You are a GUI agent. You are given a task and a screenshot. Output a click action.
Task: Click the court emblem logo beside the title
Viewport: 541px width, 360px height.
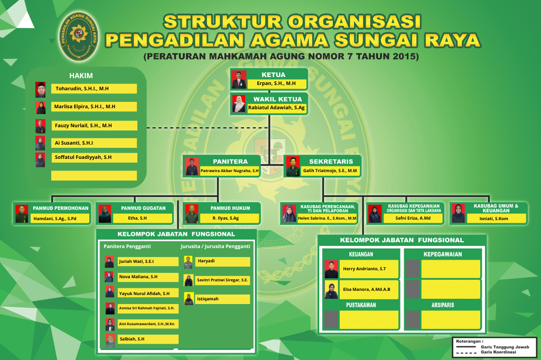coord(79,36)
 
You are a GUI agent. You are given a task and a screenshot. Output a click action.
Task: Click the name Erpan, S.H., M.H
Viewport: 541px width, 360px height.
coord(276,83)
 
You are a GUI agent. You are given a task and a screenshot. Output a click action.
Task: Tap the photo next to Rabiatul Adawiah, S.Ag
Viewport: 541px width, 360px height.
coord(238,104)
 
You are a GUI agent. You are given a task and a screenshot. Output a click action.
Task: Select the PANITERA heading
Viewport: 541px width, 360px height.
coord(230,162)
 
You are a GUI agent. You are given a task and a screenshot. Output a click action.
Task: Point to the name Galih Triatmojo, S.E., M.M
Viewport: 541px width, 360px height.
coord(330,170)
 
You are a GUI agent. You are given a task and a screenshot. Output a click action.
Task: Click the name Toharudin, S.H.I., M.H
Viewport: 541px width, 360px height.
coord(82,89)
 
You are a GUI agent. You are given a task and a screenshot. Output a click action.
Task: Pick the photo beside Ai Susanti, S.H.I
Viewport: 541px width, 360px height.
coord(40,143)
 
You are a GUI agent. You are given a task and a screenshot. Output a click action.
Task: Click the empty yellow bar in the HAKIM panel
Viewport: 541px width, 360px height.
coord(94,176)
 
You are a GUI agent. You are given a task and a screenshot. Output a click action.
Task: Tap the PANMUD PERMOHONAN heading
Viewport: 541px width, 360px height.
coord(61,209)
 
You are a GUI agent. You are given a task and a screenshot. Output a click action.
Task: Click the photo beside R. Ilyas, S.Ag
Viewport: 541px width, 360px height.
coord(191,214)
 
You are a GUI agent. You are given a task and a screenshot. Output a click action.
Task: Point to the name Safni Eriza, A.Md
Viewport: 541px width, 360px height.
coord(413,219)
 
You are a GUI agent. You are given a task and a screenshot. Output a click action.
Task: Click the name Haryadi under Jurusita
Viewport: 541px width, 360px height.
coord(206,261)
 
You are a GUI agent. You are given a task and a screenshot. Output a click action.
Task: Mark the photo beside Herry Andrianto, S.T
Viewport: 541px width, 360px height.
coord(331,269)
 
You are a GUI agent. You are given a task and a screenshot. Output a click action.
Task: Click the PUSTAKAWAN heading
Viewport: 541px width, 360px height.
coord(361,305)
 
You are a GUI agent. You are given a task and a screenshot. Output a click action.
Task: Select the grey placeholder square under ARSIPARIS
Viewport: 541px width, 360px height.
coord(413,320)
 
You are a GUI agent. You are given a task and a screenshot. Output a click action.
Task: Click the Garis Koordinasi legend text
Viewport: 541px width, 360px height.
coord(498,352)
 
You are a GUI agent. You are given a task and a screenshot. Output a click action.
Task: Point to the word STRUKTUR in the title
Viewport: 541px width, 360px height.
coord(223,22)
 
